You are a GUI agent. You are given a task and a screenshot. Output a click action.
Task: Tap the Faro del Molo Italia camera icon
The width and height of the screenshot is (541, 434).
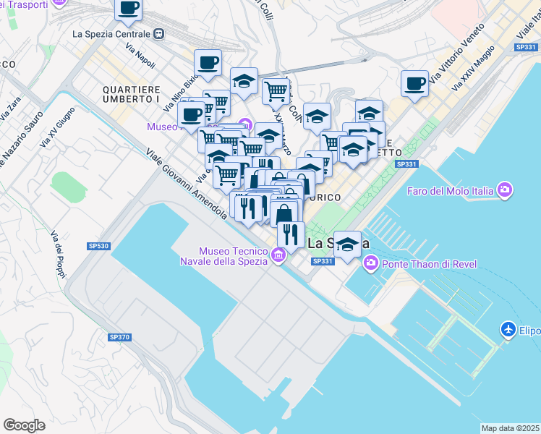pos(505,191)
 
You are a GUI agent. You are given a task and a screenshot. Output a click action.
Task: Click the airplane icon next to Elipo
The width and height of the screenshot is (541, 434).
pos(508,330)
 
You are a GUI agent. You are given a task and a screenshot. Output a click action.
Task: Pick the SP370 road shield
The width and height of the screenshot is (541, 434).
pos(119,337)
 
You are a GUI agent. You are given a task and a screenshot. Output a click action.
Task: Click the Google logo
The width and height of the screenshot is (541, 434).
pos(24,425)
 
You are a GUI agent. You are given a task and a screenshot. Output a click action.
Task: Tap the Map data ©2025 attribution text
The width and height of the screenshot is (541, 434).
pos(510,428)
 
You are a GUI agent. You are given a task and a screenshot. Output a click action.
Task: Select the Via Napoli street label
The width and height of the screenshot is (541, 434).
pos(140,56)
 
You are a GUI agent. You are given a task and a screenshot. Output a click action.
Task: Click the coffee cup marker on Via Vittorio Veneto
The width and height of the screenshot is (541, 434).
pos(415,84)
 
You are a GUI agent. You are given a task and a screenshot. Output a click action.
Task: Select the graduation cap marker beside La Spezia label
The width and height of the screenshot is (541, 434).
pos(349,244)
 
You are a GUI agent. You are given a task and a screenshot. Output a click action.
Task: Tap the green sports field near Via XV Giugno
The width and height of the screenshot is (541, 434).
pos(68,186)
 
